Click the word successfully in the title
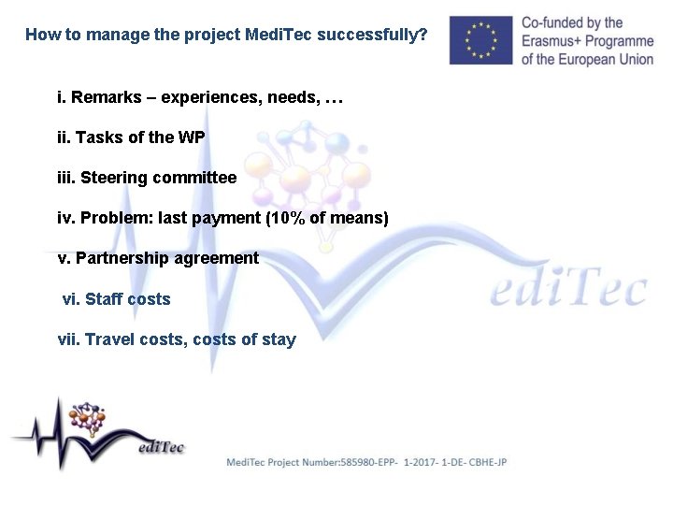[x=372, y=36]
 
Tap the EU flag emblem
[x=480, y=40]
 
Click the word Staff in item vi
[x=104, y=299]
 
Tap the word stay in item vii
[x=279, y=339]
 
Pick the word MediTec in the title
[x=278, y=36]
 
